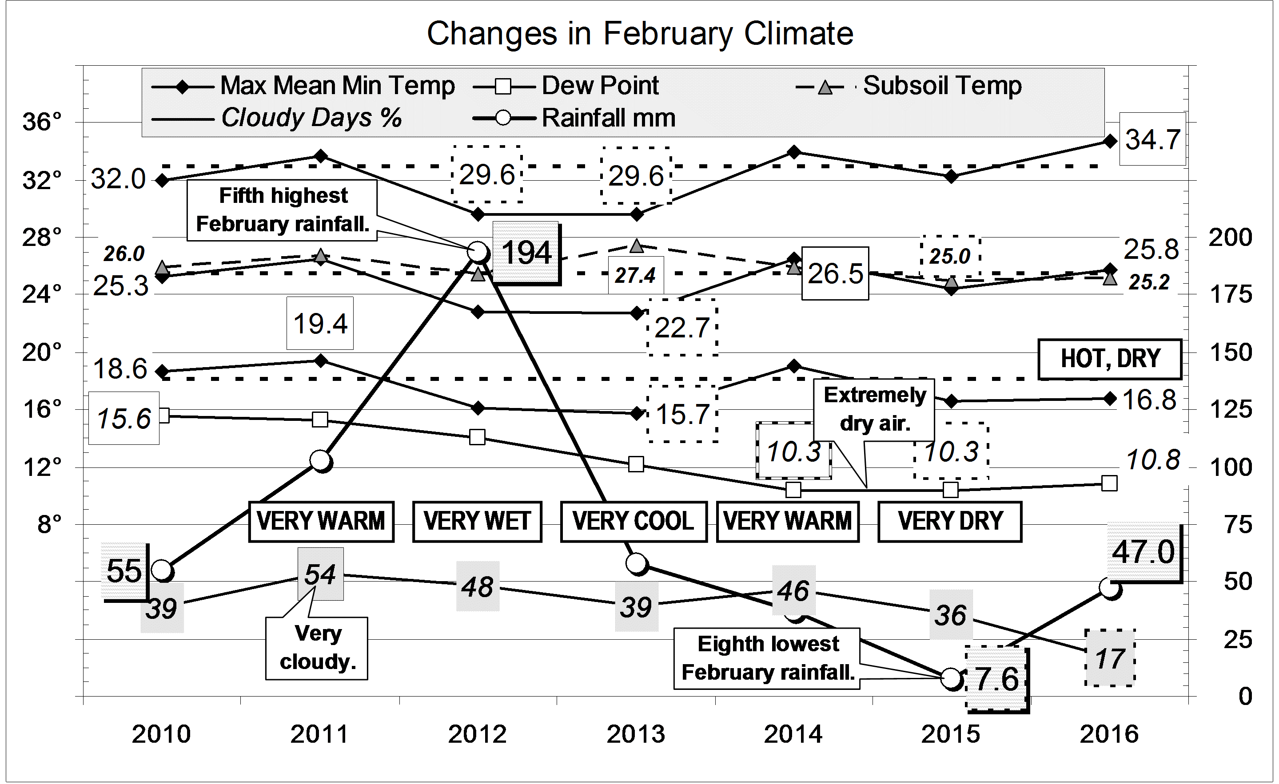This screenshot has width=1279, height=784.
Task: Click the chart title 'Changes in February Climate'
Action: [x=640, y=34]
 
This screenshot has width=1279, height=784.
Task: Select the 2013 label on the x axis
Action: [x=636, y=734]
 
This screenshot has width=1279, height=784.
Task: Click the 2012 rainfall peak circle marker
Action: [x=478, y=253]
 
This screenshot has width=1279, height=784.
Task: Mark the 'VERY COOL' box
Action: [x=633, y=521]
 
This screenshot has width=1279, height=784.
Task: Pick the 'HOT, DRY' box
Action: [x=1110, y=359]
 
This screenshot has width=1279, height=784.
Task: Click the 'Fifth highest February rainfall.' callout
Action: [x=283, y=210]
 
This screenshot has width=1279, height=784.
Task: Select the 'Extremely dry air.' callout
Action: [x=875, y=409]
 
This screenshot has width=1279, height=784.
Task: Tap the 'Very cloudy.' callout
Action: [x=317, y=648]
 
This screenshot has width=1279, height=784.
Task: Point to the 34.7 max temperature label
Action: [x=1152, y=139]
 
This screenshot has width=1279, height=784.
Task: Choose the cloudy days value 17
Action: [x=1110, y=658]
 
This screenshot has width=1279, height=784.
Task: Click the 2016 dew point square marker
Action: [x=1109, y=483]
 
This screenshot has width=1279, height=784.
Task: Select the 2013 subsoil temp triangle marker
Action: [x=636, y=246]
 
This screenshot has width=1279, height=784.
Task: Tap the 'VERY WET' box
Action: [x=477, y=521]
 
